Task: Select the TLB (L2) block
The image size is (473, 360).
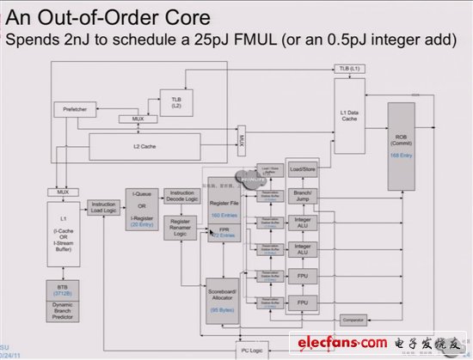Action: pyautogui.click(x=175, y=103)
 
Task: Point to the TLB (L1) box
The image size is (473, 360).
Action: pyautogui.click(x=349, y=67)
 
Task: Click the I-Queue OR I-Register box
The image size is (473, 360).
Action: pyautogui.click(x=141, y=210)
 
